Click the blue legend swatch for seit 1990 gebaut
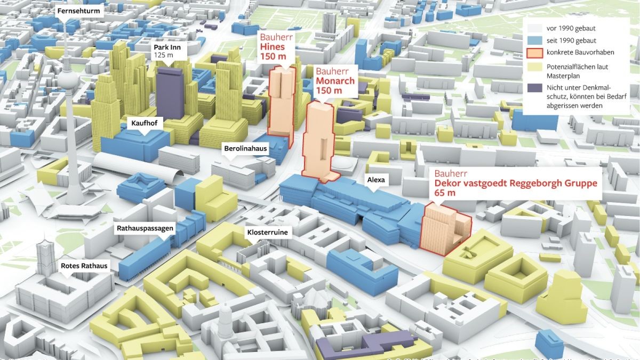point(533,41)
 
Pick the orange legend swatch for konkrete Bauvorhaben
point(533,53)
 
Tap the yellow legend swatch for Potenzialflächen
point(533,67)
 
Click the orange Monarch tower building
point(319,139)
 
